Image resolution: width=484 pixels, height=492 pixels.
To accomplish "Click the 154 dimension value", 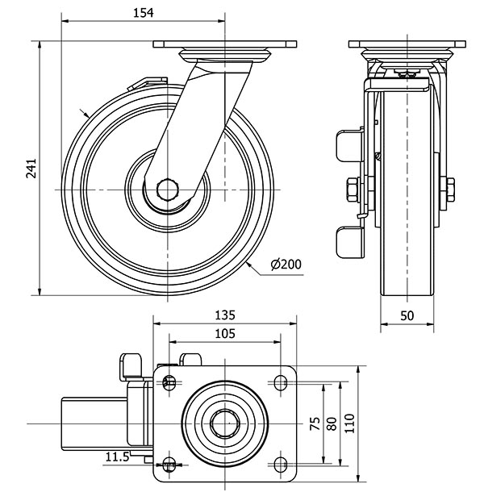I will tap(144, 13).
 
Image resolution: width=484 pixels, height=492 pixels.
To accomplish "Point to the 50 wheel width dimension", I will tap(407, 315).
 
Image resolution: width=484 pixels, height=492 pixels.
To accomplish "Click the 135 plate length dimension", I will tap(223, 315).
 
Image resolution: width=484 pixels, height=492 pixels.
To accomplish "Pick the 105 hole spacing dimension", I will tap(223, 334).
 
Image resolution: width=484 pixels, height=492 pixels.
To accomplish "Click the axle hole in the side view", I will tap(167, 189).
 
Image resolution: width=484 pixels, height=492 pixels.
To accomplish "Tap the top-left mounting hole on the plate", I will tap(169, 382).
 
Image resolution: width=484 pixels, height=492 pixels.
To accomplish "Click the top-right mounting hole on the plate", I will tap(280, 382).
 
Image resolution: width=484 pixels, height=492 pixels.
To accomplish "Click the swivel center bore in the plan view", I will tap(223, 423).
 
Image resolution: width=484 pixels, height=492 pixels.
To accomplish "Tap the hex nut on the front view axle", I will tap(353, 190).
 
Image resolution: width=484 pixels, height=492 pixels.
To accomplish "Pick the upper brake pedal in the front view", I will tap(348, 145).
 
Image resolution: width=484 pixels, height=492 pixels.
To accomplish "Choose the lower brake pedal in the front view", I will tap(348, 239).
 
